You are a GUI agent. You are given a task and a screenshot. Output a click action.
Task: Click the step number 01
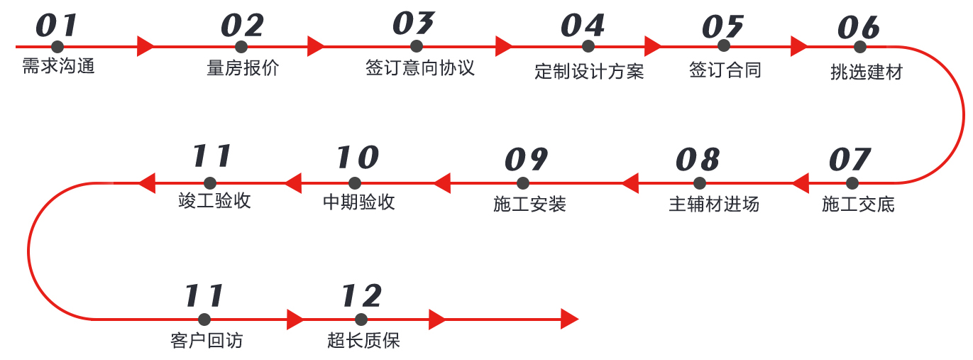pyautogui.click(x=56, y=26)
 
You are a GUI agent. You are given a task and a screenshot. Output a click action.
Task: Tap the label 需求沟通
pyautogui.click(x=58, y=67)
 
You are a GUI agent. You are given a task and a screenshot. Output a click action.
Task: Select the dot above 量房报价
pyautogui.click(x=241, y=47)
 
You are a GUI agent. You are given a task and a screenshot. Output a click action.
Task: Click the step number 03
pyautogui.click(x=414, y=23)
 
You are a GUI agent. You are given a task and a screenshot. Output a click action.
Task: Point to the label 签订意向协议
pyautogui.click(x=420, y=68)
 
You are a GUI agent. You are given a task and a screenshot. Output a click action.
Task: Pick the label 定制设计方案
pyautogui.click(x=589, y=72)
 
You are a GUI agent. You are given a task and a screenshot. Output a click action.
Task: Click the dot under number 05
pyautogui.click(x=724, y=46)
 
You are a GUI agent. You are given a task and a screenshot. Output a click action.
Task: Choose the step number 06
pyautogui.click(x=859, y=28)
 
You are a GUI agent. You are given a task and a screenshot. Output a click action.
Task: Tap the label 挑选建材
pyautogui.click(x=867, y=72)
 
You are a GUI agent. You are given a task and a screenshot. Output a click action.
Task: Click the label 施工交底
pyautogui.click(x=859, y=205)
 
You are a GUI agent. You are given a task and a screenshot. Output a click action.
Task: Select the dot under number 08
pyautogui.click(x=700, y=183)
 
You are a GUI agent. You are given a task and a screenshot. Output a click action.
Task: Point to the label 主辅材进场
pyautogui.click(x=714, y=204)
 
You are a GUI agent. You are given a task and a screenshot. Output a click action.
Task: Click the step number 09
pyautogui.click(x=526, y=160)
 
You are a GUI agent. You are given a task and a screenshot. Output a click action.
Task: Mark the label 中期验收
pyautogui.click(x=359, y=202)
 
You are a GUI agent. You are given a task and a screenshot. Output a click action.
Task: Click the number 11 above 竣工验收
pyautogui.click(x=212, y=156)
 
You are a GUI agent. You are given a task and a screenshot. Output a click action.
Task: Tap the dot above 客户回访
pyautogui.click(x=205, y=320)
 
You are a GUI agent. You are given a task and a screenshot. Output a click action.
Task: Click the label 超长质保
pyautogui.click(x=363, y=341)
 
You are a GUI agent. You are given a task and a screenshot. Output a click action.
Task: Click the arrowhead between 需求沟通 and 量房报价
pyautogui.click(x=145, y=47)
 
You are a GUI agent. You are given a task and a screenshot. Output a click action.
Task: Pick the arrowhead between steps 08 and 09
pyautogui.click(x=630, y=183)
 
